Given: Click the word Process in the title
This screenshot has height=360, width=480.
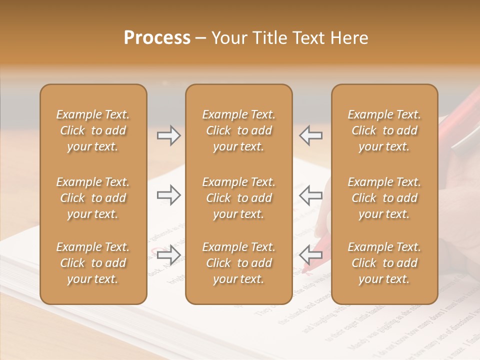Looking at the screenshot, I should (157, 38).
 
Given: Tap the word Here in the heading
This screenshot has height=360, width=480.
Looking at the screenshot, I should (350, 38).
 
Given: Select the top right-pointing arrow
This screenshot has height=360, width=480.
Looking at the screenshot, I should (169, 135).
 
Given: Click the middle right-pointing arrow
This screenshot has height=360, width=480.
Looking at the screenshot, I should (169, 195).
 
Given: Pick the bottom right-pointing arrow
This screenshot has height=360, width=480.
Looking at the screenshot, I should (169, 255).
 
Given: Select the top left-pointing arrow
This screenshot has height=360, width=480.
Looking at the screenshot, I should (311, 135).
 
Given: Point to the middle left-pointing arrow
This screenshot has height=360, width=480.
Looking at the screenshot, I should (311, 195).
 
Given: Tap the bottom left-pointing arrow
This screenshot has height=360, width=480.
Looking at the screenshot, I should (311, 255).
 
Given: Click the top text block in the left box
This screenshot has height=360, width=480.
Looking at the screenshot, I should (93, 130).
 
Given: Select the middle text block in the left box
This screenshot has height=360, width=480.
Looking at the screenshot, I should (93, 198).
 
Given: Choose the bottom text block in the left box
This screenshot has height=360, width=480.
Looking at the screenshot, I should (93, 263).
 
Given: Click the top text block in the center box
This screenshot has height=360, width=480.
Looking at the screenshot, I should (238, 130).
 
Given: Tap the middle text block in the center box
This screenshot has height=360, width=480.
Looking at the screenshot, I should (238, 198).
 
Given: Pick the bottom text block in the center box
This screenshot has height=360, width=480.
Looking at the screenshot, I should (238, 263).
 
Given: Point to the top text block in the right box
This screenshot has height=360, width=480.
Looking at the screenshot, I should (384, 130).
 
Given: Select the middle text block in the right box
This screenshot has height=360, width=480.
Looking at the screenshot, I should (384, 198).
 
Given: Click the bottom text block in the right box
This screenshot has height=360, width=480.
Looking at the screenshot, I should (384, 263).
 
